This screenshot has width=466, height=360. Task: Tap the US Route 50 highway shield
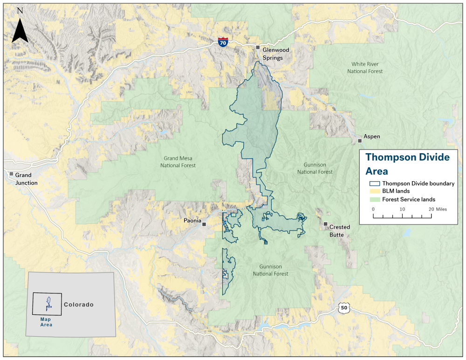(344, 307)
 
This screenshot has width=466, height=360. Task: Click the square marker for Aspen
(360, 140)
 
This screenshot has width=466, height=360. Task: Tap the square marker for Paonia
(204, 224)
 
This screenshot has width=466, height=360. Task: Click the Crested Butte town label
(340, 231)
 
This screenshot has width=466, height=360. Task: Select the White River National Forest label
(365, 68)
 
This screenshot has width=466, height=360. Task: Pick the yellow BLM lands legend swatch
(374, 191)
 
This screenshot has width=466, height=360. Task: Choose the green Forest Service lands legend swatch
(374, 199)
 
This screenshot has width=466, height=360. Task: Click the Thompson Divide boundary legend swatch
(374, 183)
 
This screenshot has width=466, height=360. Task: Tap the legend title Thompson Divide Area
(407, 163)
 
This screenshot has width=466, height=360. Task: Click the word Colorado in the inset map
(79, 305)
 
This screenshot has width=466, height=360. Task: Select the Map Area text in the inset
(46, 322)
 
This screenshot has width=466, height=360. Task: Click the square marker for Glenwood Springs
(257, 48)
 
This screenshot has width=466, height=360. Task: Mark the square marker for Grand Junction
(11, 174)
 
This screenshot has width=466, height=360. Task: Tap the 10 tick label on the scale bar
(402, 210)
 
